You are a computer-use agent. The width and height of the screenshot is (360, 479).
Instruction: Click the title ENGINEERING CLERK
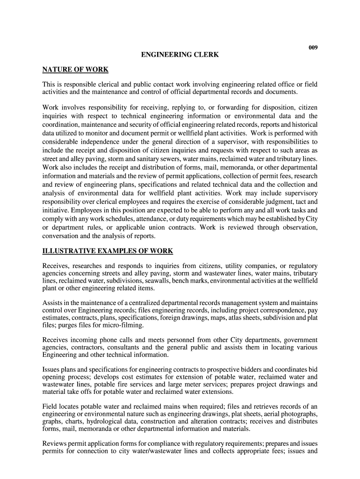point(180,55)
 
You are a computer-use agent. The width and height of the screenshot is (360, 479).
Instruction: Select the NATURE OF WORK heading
point(75,70)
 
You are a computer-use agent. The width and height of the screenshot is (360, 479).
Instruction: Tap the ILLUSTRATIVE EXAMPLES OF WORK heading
point(108,251)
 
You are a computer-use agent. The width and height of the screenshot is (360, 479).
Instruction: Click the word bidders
point(252,369)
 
